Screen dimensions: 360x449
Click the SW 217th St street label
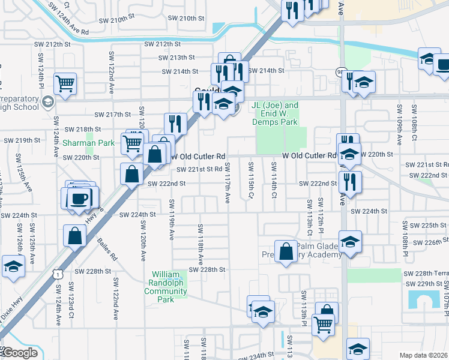click(116, 114)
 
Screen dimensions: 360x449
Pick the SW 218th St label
click(82, 129)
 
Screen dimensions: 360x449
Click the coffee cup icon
click(78, 197)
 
